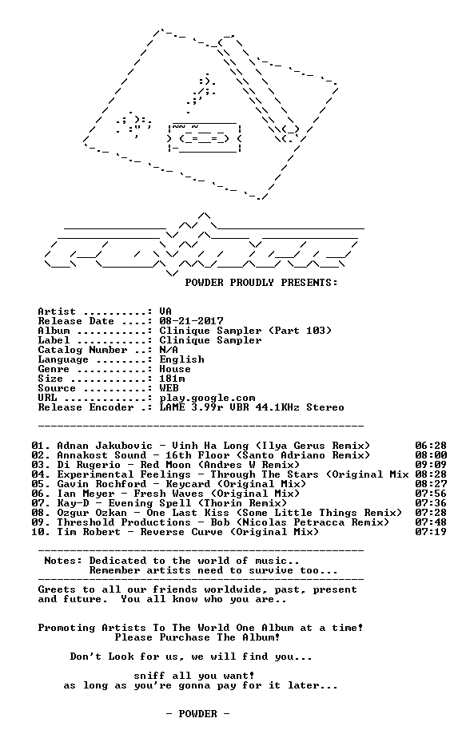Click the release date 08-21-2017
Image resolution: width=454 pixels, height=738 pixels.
pyautogui.click(x=191, y=321)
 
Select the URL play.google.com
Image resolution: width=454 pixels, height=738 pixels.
pyautogui.click(x=207, y=399)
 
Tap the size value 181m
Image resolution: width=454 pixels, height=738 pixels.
pyautogui.click(x=172, y=379)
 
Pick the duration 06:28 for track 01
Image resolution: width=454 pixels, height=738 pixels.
pyautogui.click(x=431, y=446)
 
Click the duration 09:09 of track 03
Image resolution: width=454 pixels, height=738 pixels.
pyautogui.click(x=431, y=465)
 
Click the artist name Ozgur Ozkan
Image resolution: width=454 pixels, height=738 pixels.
pyautogui.click(x=92, y=513)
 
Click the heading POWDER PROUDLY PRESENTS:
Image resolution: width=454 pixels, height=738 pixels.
pyautogui.click(x=261, y=283)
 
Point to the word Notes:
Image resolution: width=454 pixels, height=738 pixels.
pyautogui.click(x=63, y=561)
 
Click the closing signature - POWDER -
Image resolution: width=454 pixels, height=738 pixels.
pyautogui.click(x=197, y=714)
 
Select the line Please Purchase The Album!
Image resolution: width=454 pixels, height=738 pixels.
pyautogui.click(x=197, y=637)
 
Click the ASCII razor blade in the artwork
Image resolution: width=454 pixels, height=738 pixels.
pyautogui.click(x=205, y=137)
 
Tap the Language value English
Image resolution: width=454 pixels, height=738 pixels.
pyautogui.click(x=181, y=359)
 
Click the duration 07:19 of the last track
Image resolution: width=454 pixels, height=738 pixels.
pyautogui.click(x=431, y=532)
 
